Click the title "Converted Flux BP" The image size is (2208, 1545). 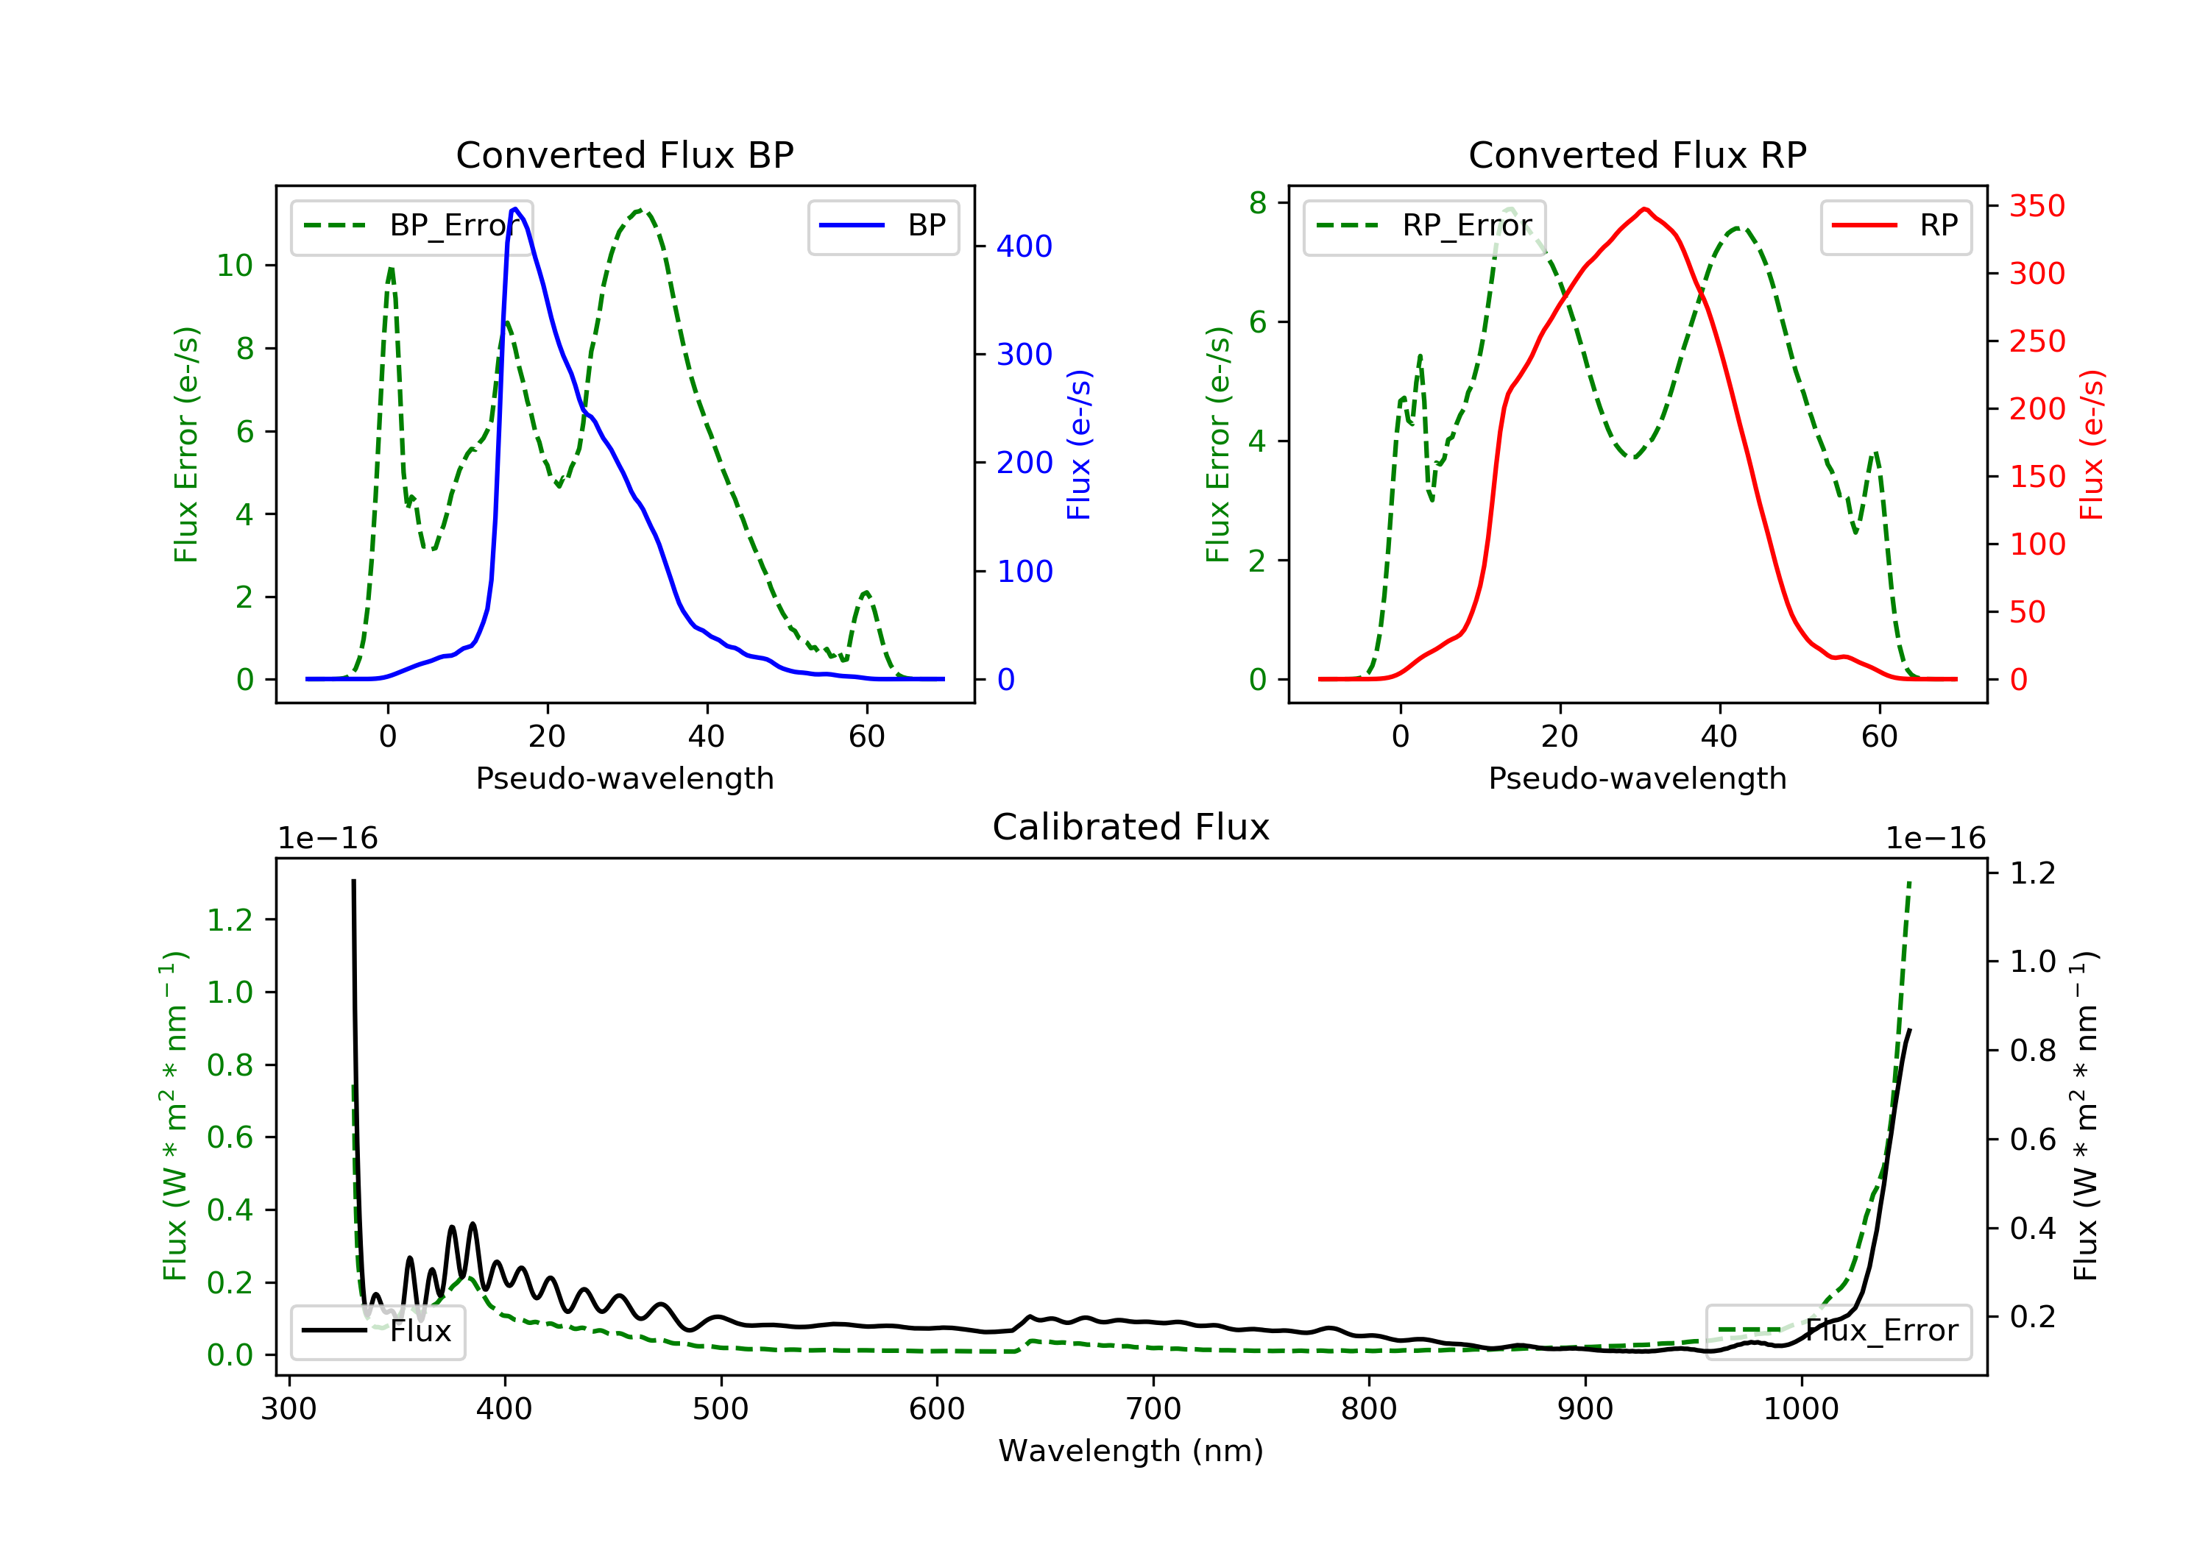pyautogui.click(x=625, y=154)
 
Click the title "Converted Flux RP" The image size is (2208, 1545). pyautogui.click(x=1638, y=154)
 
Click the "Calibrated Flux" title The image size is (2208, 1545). pyautogui.click(x=1131, y=827)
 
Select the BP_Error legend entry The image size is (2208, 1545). pyautogui.click(x=411, y=226)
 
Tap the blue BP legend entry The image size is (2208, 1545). pyautogui.click(x=882, y=226)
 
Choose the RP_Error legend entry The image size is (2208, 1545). pyautogui.click(x=1424, y=226)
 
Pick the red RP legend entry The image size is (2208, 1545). pyautogui.click(x=1895, y=226)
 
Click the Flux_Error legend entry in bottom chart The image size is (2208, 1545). pyautogui.click(x=1839, y=1331)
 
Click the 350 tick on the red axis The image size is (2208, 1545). pyautogui.click(x=2037, y=206)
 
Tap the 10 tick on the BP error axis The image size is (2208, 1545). pyautogui.click(x=235, y=266)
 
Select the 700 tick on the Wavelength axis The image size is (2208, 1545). pyautogui.click(x=1153, y=1410)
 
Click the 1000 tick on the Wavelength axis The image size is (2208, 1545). pyautogui.click(x=1801, y=1410)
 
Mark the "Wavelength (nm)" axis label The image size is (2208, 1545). pyautogui.click(x=1131, y=1451)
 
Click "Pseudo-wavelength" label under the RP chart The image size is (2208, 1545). pyautogui.click(x=1638, y=778)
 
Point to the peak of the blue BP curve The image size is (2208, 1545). pyautogui.click(x=515, y=209)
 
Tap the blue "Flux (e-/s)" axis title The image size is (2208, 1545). pyautogui.click(x=1079, y=445)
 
